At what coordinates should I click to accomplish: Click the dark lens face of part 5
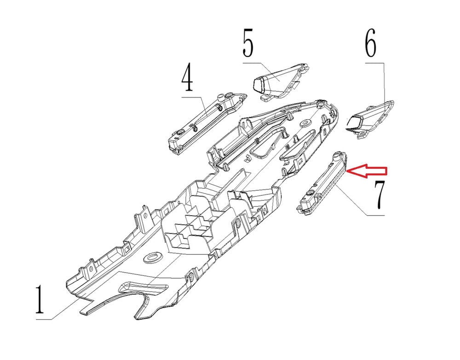(x=259, y=84)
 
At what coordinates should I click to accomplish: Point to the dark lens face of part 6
(x=354, y=122)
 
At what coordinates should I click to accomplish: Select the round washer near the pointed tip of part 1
(x=305, y=123)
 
